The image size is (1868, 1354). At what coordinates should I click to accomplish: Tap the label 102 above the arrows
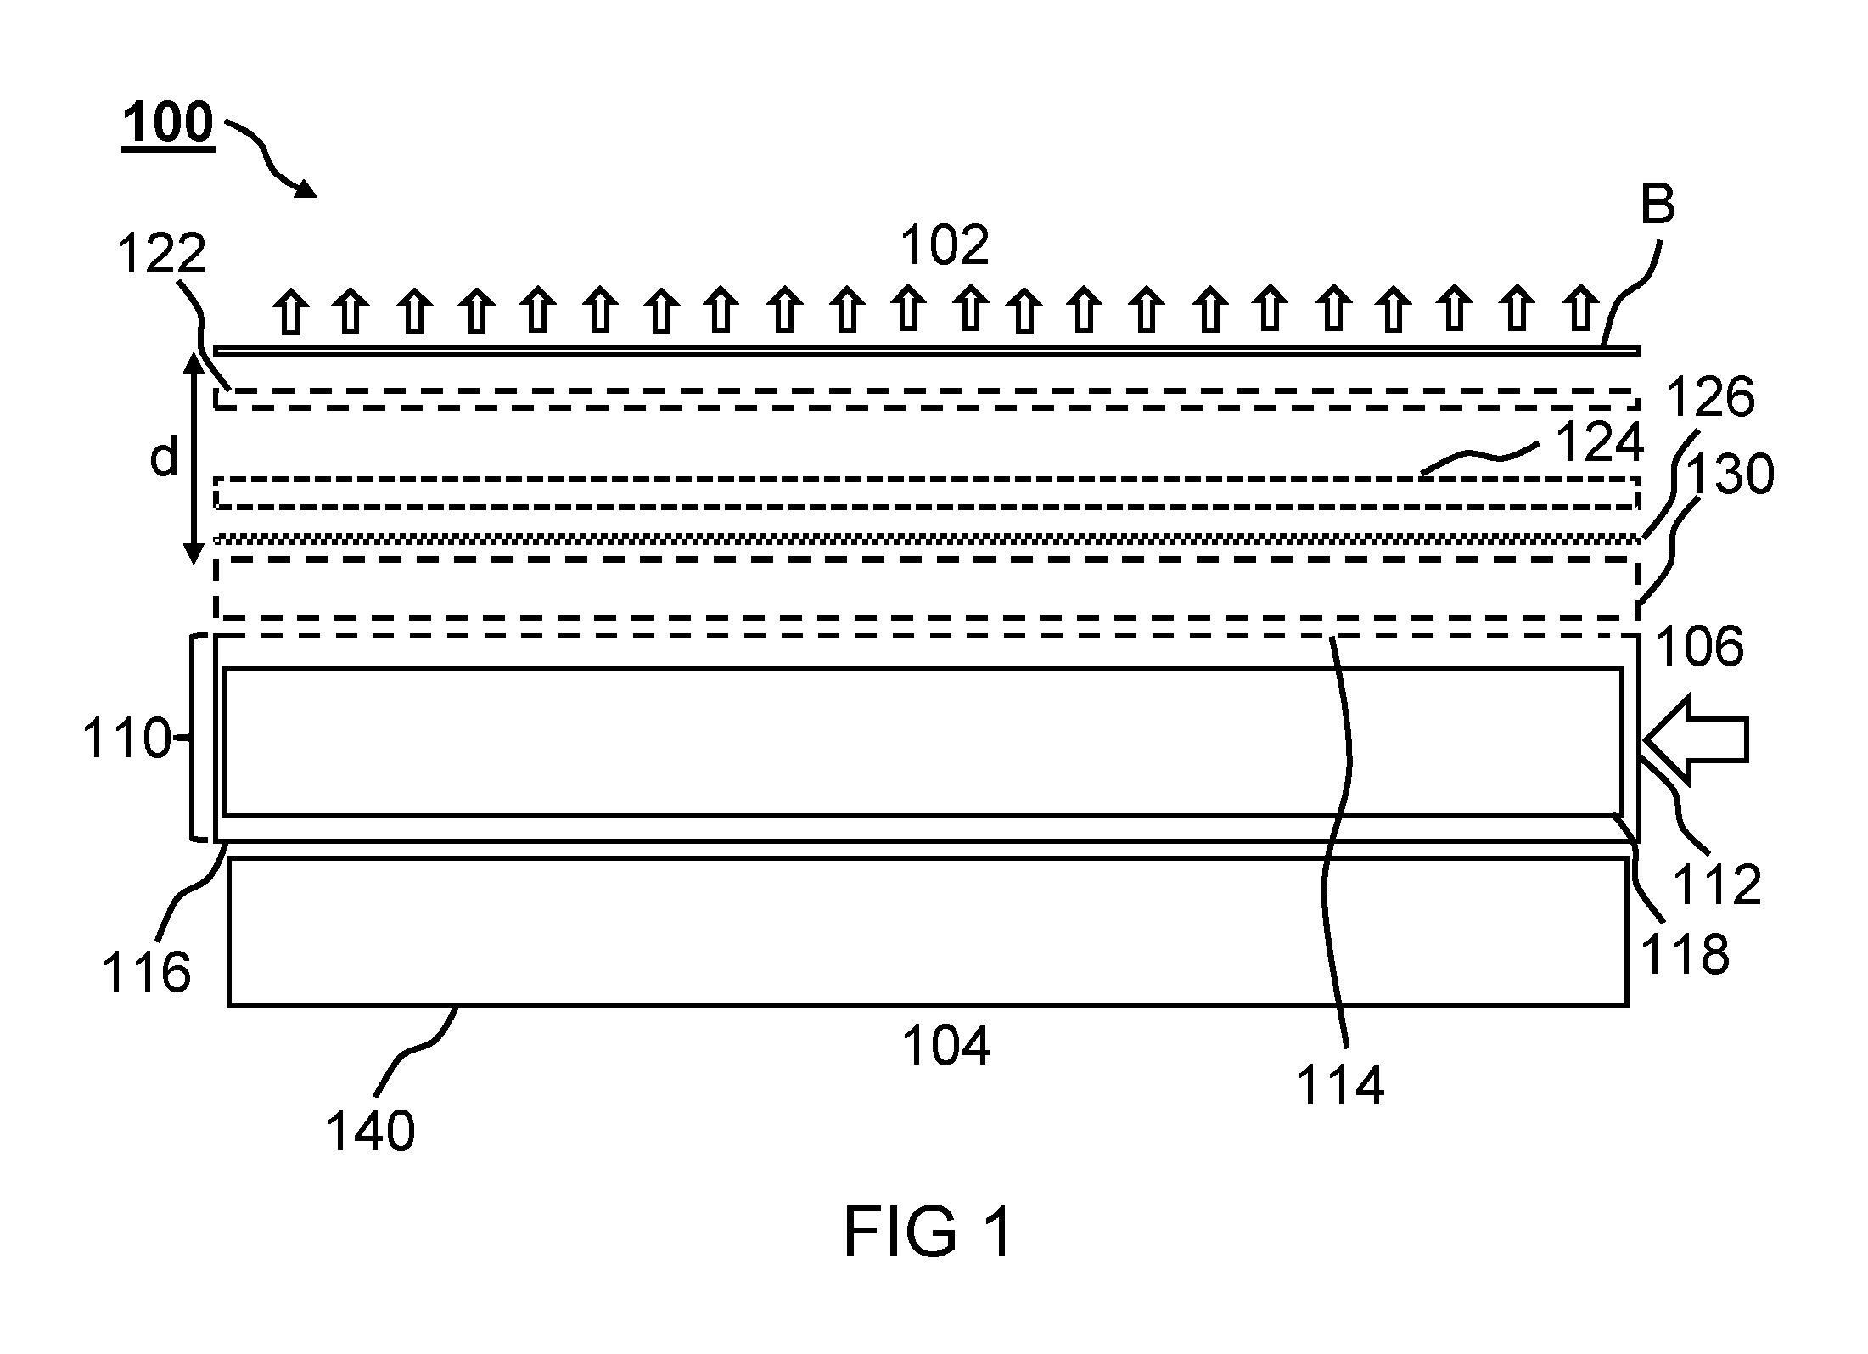945,245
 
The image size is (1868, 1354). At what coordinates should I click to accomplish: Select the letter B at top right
1657,205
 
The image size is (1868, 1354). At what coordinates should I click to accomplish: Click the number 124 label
1599,443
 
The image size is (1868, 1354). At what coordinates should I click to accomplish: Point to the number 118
1685,954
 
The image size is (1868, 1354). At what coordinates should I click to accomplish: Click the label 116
146,972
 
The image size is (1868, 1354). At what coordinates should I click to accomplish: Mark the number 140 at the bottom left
371,1131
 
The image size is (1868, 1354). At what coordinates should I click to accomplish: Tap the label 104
945,1046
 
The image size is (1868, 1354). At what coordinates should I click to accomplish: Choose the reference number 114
1339,1085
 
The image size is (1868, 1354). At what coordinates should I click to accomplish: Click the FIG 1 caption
928,1233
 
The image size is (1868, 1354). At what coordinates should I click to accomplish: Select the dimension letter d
163,458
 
